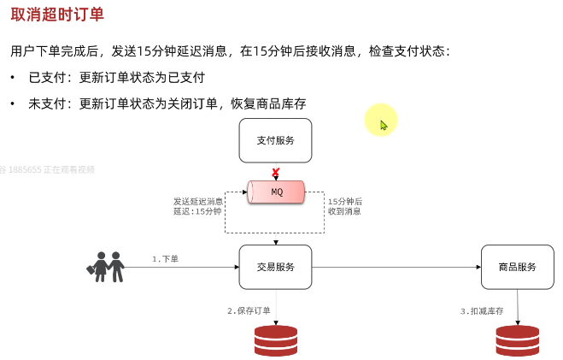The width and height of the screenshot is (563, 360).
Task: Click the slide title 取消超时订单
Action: click(x=58, y=15)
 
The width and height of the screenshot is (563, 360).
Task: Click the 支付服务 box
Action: click(x=275, y=140)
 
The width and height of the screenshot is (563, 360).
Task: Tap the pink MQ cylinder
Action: click(x=276, y=192)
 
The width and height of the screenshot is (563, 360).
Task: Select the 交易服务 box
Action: click(x=275, y=267)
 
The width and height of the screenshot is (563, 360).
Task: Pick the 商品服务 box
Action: click(x=517, y=267)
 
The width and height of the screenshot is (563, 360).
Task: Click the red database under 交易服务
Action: click(x=275, y=340)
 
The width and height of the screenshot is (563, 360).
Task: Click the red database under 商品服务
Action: click(x=517, y=340)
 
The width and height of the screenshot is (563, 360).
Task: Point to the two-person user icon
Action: click(x=106, y=266)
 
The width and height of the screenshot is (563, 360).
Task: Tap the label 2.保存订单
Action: click(x=249, y=310)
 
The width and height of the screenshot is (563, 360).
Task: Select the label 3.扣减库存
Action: click(x=482, y=310)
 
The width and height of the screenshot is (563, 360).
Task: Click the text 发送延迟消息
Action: click(x=198, y=201)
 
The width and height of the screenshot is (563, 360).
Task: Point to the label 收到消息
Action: click(x=344, y=211)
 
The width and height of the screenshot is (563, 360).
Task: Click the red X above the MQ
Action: click(x=276, y=173)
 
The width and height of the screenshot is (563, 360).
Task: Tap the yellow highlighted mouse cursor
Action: click(x=383, y=123)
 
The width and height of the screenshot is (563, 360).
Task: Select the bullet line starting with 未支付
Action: click(x=167, y=104)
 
